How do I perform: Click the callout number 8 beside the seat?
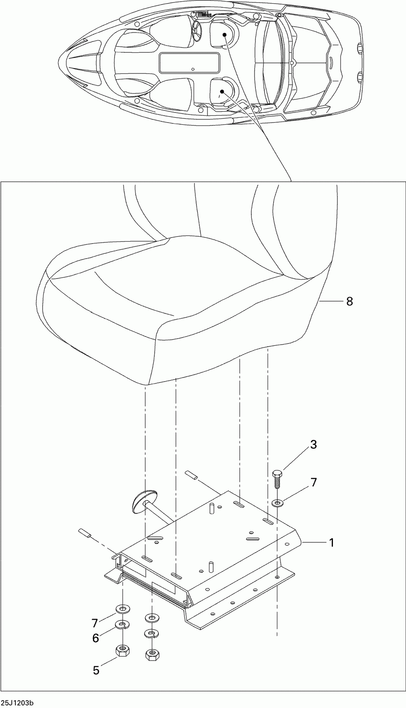point(349,301)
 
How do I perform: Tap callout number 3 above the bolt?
point(313,445)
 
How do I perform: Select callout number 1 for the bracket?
point(331,542)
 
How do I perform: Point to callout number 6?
point(96,638)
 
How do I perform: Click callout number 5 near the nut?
point(96,670)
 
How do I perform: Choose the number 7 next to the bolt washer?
point(313,483)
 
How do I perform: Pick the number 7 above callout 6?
point(95,623)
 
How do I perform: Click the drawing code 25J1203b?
point(19,702)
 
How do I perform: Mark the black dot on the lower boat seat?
point(222,91)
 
